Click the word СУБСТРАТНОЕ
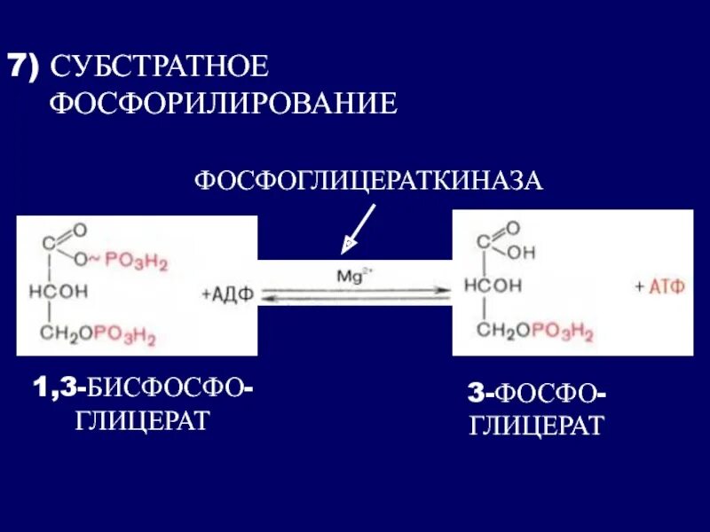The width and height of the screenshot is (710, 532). pyautogui.click(x=159, y=67)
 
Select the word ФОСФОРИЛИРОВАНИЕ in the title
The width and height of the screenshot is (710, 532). pyautogui.click(x=223, y=104)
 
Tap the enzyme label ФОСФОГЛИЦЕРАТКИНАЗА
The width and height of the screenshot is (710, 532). pyautogui.click(x=368, y=181)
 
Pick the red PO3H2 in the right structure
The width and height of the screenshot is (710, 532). pyautogui.click(x=562, y=331)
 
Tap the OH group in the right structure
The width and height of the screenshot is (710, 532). pyautogui.click(x=522, y=252)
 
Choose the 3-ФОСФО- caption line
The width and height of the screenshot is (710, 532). pyautogui.click(x=537, y=393)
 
